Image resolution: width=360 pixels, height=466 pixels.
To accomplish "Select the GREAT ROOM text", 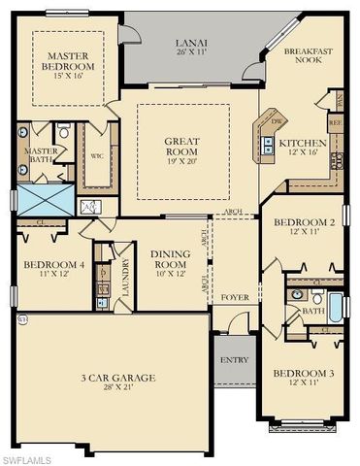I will point(182,148).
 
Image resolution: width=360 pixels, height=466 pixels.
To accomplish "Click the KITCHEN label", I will point(297,145).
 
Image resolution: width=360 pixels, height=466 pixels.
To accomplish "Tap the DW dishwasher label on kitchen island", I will point(277,122).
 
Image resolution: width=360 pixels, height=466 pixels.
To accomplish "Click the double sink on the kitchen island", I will point(267,142).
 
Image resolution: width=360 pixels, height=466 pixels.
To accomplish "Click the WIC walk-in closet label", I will point(97,155).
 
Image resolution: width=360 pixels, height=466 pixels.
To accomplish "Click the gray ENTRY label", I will point(234,360).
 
